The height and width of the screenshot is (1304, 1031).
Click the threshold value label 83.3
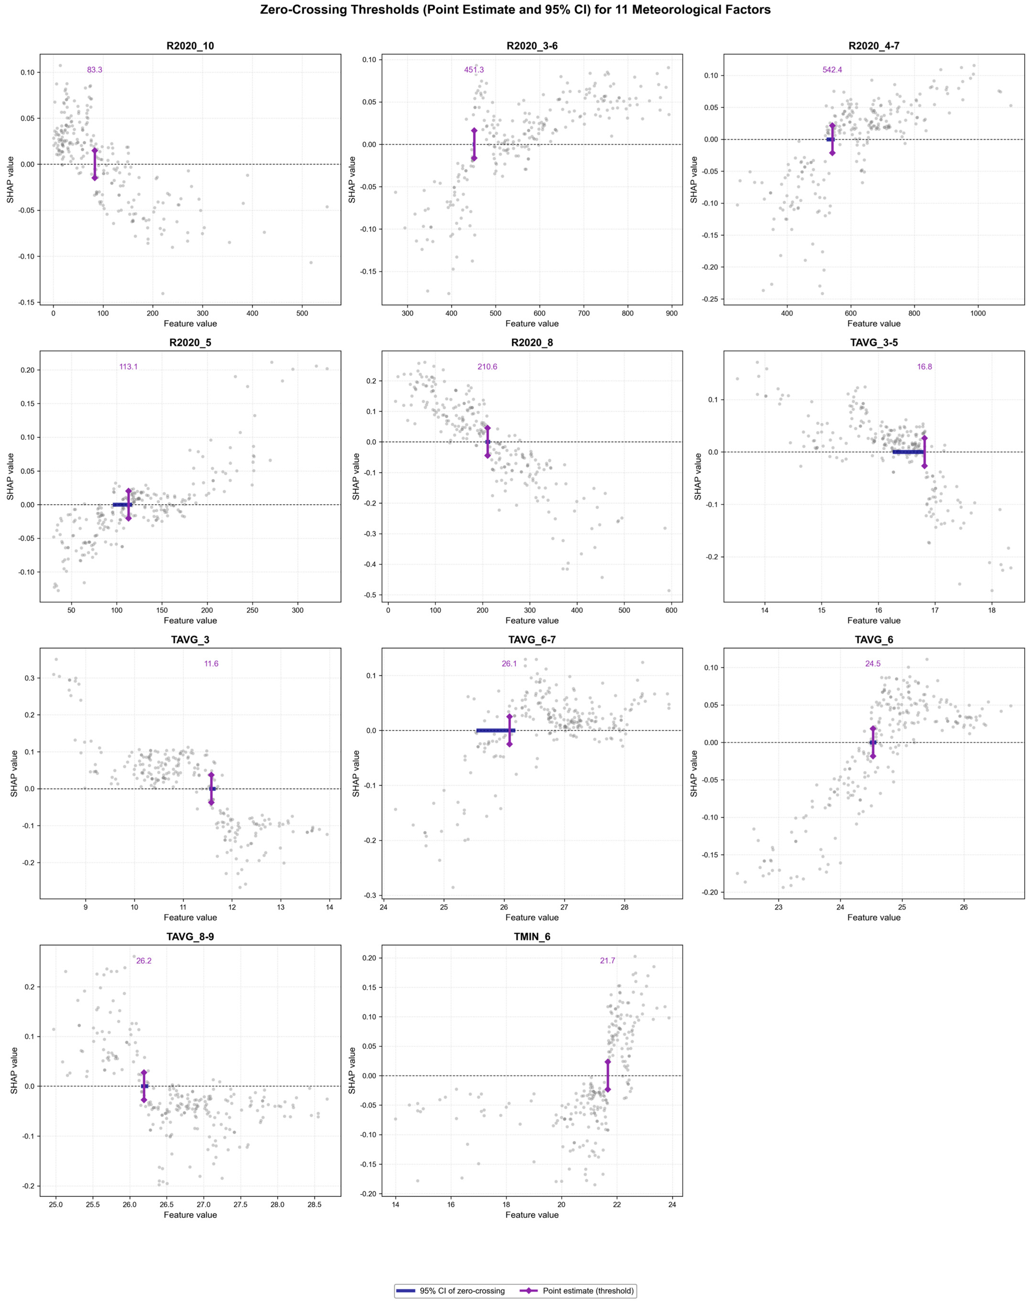point(95,70)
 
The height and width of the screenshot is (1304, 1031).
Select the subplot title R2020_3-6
point(532,46)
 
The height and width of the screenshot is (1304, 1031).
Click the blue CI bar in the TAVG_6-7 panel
point(496,730)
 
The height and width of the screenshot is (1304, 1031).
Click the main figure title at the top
point(515,10)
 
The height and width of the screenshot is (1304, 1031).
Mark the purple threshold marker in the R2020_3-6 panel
point(474,144)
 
